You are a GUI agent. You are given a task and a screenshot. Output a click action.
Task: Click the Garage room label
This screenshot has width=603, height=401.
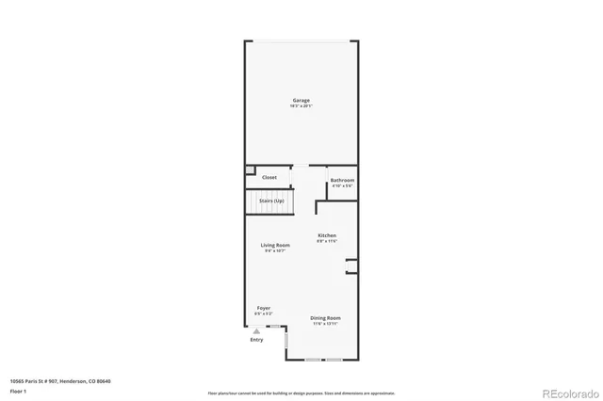(x=301, y=100)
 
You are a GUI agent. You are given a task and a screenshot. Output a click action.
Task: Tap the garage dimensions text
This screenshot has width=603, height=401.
(x=301, y=105)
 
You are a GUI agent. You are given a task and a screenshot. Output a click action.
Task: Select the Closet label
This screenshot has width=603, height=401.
(x=269, y=177)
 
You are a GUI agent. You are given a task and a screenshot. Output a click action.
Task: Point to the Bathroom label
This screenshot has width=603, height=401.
(x=342, y=180)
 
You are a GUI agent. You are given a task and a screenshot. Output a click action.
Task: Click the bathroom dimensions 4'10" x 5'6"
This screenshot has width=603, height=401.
(x=342, y=185)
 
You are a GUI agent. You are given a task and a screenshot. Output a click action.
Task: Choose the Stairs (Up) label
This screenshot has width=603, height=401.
(x=272, y=200)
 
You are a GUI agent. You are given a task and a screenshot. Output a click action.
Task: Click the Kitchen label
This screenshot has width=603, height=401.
(x=327, y=235)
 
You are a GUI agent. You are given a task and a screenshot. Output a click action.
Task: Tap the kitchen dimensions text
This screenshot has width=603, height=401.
(x=327, y=241)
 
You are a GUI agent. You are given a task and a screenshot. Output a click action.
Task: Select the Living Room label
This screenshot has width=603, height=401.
(x=275, y=246)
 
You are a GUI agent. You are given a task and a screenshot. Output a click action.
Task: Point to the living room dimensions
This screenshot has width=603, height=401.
(x=275, y=251)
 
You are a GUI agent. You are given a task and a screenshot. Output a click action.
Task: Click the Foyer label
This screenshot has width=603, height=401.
(x=264, y=308)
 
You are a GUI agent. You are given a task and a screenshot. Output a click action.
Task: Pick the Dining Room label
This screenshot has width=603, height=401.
(x=326, y=318)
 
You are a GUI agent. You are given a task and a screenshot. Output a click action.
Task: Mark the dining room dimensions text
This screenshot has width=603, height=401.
(x=326, y=324)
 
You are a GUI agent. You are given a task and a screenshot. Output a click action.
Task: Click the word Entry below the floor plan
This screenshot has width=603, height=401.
(x=257, y=340)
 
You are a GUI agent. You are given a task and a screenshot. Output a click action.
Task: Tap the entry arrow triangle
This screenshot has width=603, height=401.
(x=256, y=330)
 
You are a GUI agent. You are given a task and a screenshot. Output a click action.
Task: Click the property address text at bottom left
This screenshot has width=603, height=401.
(x=60, y=380)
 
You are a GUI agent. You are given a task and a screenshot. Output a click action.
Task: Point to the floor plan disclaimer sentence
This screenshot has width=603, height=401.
(x=301, y=393)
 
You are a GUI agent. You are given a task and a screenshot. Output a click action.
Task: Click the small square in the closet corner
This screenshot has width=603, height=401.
(x=251, y=170)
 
